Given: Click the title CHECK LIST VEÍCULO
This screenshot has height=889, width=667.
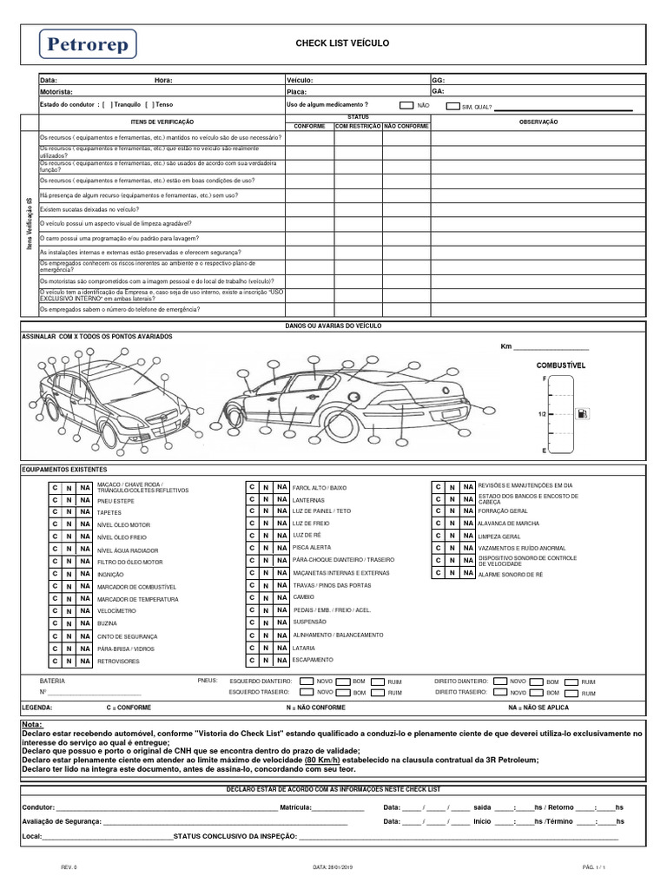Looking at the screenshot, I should (x=343, y=43).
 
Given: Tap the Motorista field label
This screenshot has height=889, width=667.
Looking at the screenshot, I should (x=56, y=91).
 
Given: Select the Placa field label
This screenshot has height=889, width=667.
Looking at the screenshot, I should (x=296, y=91).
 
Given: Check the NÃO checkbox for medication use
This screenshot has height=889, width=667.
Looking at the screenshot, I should (x=406, y=105).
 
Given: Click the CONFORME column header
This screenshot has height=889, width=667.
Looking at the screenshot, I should (x=310, y=125).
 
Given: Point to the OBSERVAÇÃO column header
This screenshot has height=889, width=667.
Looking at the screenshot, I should (x=538, y=122).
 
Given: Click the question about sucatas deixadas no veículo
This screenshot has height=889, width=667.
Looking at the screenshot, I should (x=89, y=209).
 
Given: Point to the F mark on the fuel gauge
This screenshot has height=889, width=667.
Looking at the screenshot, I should (x=545, y=379).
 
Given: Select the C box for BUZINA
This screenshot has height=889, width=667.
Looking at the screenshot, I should (x=54, y=623).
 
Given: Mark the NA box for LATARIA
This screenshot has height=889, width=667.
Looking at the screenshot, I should (x=281, y=648).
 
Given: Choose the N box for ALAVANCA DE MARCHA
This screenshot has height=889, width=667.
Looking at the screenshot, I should (x=452, y=524).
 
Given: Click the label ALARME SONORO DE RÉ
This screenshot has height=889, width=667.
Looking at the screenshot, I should (x=510, y=574).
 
